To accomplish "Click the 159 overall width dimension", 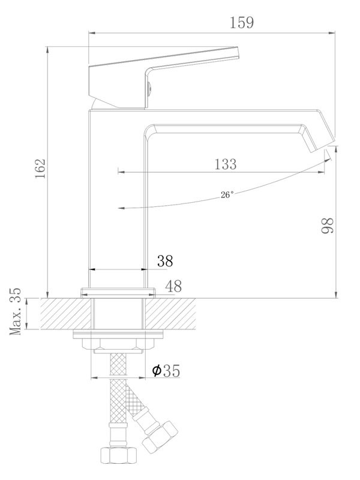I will pos(242,23).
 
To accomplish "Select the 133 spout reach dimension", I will pos(224,164).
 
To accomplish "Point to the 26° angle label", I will pos(227,194).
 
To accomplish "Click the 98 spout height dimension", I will pos(328,226).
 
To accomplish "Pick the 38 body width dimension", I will pos(165,260).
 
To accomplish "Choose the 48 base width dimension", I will pos(173,286).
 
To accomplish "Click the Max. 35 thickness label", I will pos(17,312).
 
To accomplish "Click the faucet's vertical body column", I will pos(118,198).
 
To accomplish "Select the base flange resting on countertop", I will pos(118,293).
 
